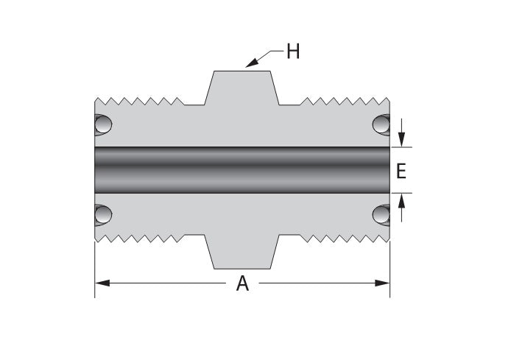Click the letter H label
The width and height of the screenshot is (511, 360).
coord(292,54)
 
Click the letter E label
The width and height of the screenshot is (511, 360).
coord(401,172)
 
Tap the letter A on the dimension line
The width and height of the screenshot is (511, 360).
coord(242,284)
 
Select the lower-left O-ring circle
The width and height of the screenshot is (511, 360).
coord(102,214)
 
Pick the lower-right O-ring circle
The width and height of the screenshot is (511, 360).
coord(381,214)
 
